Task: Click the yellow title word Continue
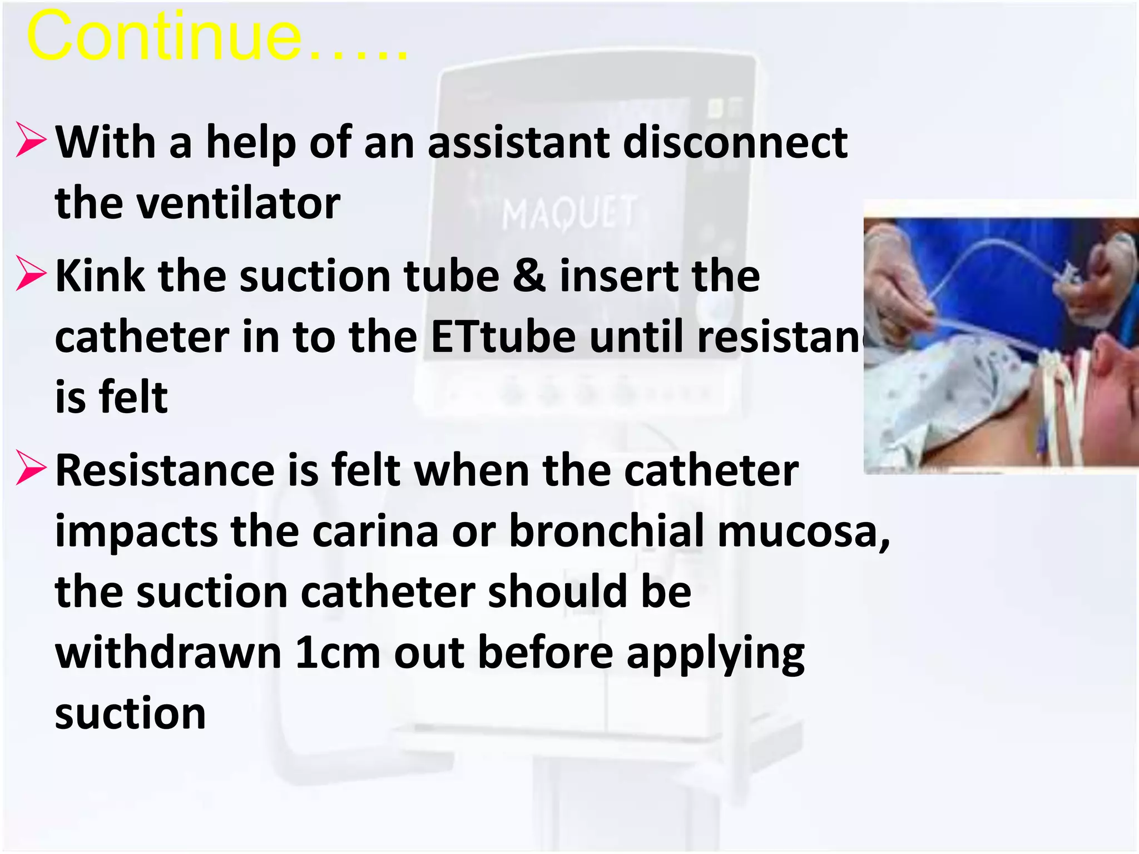(x=164, y=38)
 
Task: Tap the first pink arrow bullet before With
(x=31, y=140)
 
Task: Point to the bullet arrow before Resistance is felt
(x=31, y=468)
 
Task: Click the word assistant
(x=518, y=142)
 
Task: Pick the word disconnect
(x=735, y=142)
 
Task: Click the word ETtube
(x=503, y=337)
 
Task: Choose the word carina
(x=375, y=531)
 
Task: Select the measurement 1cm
(x=338, y=653)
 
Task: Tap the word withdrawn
(x=168, y=653)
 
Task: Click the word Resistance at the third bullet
(x=165, y=470)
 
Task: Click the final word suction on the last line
(x=131, y=713)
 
